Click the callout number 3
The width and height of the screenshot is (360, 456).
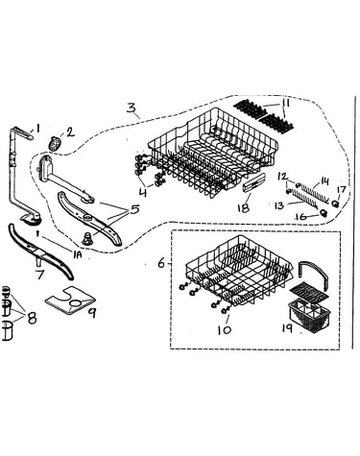pyautogui.click(x=131, y=108)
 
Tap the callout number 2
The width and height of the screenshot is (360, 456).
pyautogui.click(x=70, y=132)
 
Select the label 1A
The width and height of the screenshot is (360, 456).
pyautogui.click(x=78, y=254)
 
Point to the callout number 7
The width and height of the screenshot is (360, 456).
pyautogui.click(x=39, y=274)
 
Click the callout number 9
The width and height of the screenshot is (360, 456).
pyautogui.click(x=92, y=313)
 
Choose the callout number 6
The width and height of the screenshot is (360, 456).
pyautogui.click(x=161, y=263)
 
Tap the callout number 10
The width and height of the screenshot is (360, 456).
pyautogui.click(x=225, y=330)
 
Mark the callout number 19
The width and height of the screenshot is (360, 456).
pyautogui.click(x=287, y=328)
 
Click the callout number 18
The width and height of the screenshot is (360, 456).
pyautogui.click(x=243, y=208)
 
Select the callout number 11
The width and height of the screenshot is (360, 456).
pyautogui.click(x=285, y=104)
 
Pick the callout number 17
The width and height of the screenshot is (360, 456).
pyautogui.click(x=341, y=190)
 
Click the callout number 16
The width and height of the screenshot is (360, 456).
pyautogui.click(x=302, y=217)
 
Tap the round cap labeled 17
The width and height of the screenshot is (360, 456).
pyautogui.click(x=336, y=204)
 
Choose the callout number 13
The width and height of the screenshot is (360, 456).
pyautogui.click(x=279, y=205)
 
